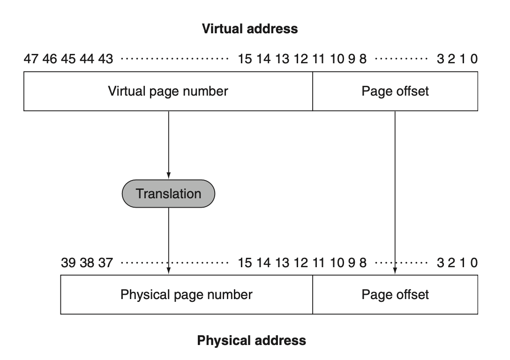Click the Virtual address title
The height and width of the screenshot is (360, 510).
coord(250,29)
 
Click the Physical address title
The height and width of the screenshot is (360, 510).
coord(251,340)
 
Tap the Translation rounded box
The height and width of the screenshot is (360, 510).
coord(168,194)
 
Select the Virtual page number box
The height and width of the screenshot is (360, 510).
coord(168,91)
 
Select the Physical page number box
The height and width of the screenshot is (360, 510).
coord(187,295)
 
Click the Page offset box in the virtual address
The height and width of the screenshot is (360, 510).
coord(395,91)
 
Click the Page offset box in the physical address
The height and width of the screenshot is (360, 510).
coord(395,295)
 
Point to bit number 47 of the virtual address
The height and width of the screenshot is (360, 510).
coord(31,59)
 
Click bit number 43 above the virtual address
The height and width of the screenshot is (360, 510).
coord(106,59)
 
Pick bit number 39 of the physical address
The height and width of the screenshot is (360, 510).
coord(68,263)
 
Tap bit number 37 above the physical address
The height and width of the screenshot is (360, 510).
coord(106,263)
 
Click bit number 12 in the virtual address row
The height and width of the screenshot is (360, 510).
coord(300,59)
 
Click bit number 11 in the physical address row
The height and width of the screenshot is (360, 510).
coord(319,263)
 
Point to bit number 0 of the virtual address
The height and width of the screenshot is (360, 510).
coord(474,59)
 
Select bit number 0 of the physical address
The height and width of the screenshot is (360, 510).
coord(474,263)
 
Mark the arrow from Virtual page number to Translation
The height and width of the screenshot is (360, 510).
coord(168,145)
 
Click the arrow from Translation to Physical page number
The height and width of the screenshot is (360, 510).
coord(168,241)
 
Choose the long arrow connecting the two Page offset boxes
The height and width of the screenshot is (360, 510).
coord(395,193)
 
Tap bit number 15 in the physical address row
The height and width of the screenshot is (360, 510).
coord(245,263)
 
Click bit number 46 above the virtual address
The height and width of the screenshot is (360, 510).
coord(49,59)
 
